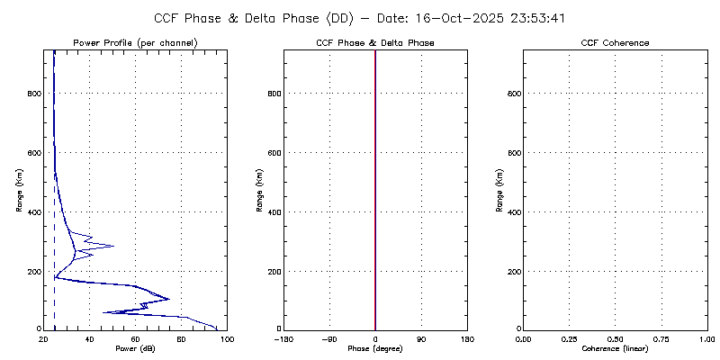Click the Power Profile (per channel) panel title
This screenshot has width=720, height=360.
tap(135, 43)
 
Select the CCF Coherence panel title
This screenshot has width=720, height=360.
tap(616, 43)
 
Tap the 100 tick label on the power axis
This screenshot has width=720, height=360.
tap(226, 338)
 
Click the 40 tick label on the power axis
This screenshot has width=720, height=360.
tap(89, 338)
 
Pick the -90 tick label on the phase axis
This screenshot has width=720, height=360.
tap(328, 338)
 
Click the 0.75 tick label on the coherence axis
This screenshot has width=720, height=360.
tap(662, 338)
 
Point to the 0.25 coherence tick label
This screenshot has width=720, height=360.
tap(569, 338)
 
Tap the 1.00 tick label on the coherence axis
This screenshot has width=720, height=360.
tap(708, 338)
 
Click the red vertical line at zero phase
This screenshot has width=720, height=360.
tap(375, 189)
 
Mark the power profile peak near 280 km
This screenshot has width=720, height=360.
tap(112, 246)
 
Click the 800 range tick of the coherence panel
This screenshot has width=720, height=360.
tap(511, 93)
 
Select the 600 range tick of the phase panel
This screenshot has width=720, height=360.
tap(272, 152)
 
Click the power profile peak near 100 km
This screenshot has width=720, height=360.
tap(168, 299)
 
